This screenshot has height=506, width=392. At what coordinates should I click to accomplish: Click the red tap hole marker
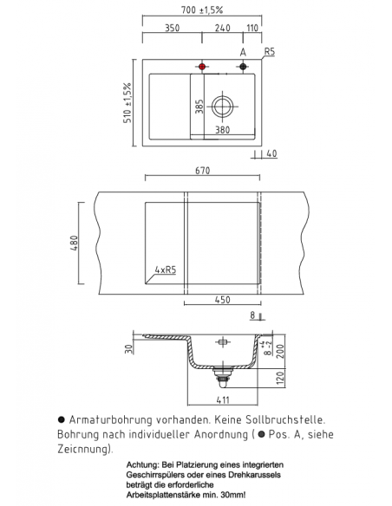tap(202, 67)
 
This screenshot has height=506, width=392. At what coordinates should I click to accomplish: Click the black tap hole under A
tap(244, 67)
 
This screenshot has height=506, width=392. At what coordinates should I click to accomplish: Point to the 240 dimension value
tap(222, 29)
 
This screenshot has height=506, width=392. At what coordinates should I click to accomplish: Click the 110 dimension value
tap(252, 29)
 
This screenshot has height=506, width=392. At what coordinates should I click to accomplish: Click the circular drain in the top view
tap(222, 107)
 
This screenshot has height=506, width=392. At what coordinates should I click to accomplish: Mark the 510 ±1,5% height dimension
tap(127, 102)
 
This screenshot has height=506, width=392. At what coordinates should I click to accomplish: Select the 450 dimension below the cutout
tap(222, 300)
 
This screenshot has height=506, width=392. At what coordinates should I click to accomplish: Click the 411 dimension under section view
tap(222, 399)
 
